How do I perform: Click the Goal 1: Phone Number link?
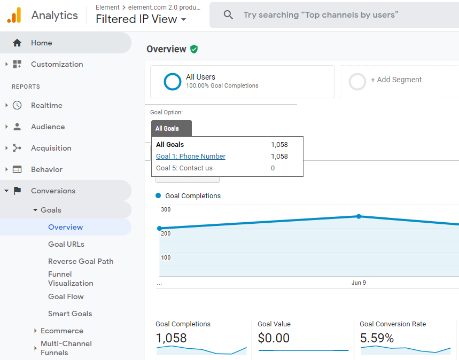pyautogui.click(x=191, y=156)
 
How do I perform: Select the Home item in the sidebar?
pyautogui.click(x=42, y=43)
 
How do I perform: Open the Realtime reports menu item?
pyautogui.click(x=46, y=105)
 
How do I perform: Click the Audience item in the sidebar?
pyautogui.click(x=48, y=127)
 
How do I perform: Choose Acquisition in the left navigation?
pyautogui.click(x=51, y=148)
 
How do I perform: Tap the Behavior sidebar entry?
pyautogui.click(x=46, y=169)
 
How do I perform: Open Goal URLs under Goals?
pyautogui.click(x=66, y=245)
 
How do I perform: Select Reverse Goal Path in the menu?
pyautogui.click(x=81, y=261)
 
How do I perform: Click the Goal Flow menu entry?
pyautogui.click(x=66, y=297)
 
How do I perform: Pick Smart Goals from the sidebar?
pyautogui.click(x=70, y=314)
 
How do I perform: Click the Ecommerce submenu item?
pyautogui.click(x=62, y=331)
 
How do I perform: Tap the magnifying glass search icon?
pyautogui.click(x=228, y=14)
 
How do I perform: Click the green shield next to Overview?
pyautogui.click(x=194, y=49)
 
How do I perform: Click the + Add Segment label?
pyautogui.click(x=396, y=80)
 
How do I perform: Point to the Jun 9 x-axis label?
pyautogui.click(x=359, y=283)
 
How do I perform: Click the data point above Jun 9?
pyautogui.click(x=359, y=216)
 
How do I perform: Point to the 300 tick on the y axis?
pyautogui.click(x=166, y=209)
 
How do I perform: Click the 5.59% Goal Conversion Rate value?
pyautogui.click(x=377, y=338)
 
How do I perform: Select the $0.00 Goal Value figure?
pyautogui.click(x=274, y=338)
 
